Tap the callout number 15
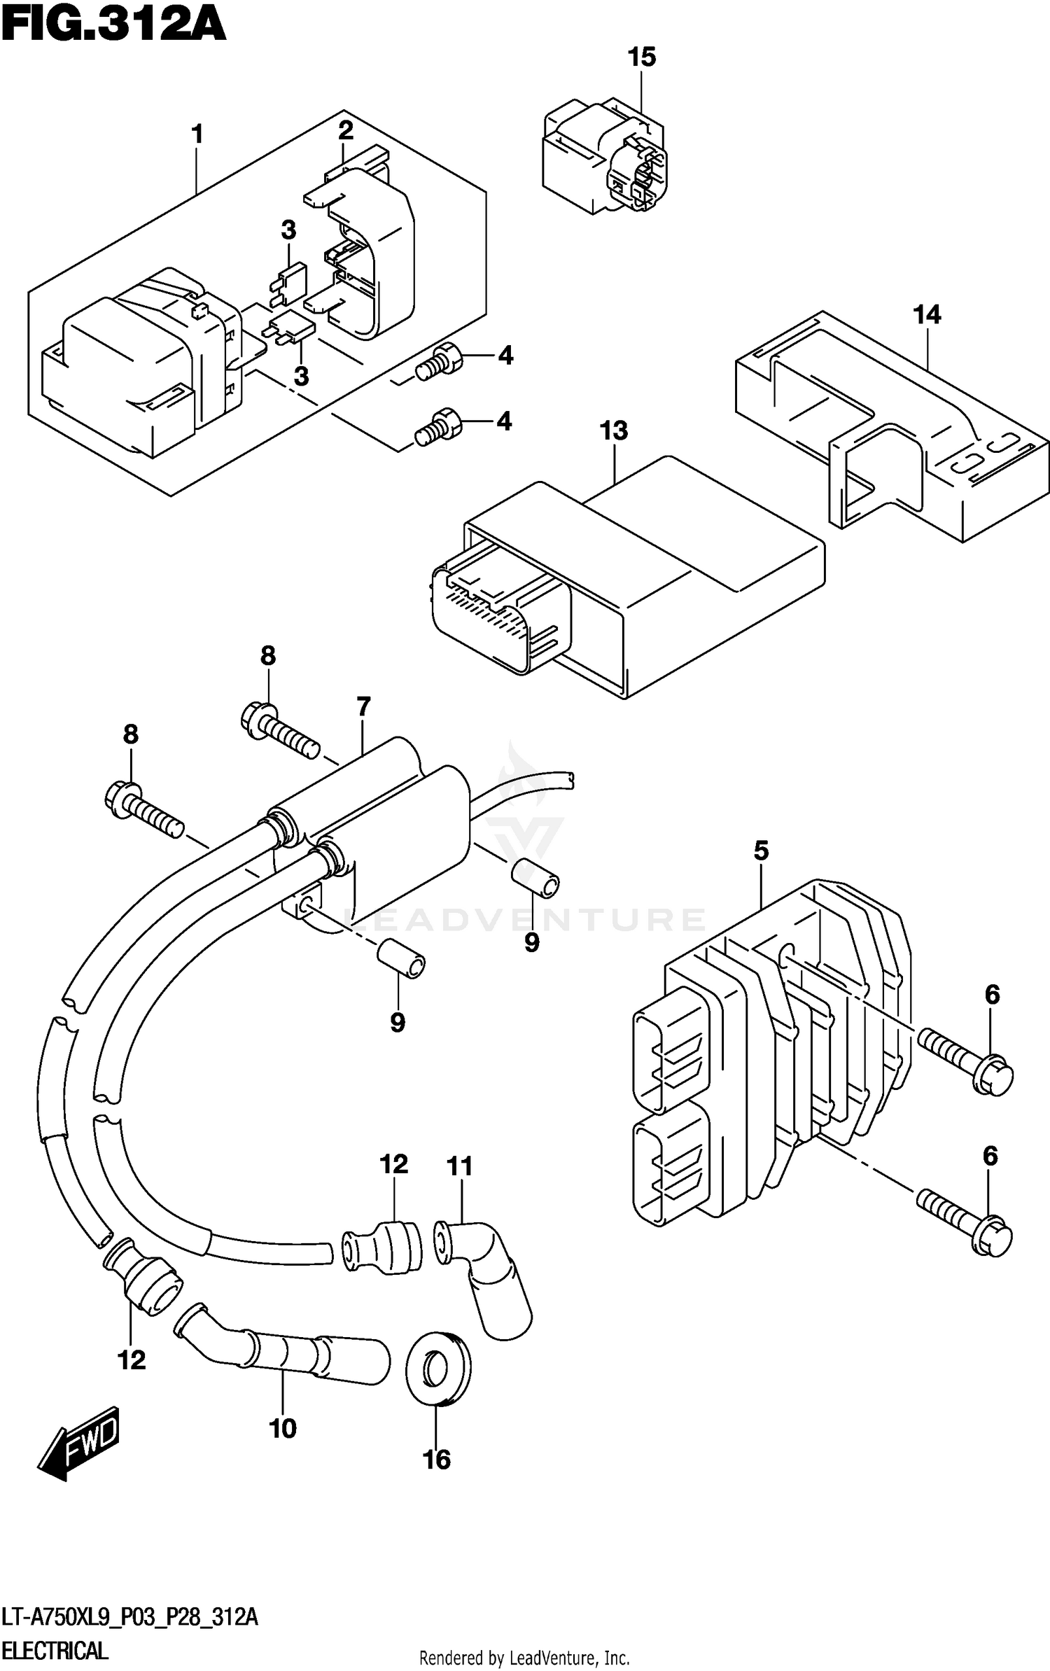click(x=641, y=57)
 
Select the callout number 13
click(x=613, y=431)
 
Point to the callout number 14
click(x=927, y=315)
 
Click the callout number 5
click(x=761, y=851)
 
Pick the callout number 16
click(x=437, y=1460)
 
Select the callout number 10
click(x=283, y=1428)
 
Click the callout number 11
click(x=460, y=1166)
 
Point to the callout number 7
click(x=363, y=707)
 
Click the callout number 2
click(x=346, y=131)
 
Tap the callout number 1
click(x=197, y=134)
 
